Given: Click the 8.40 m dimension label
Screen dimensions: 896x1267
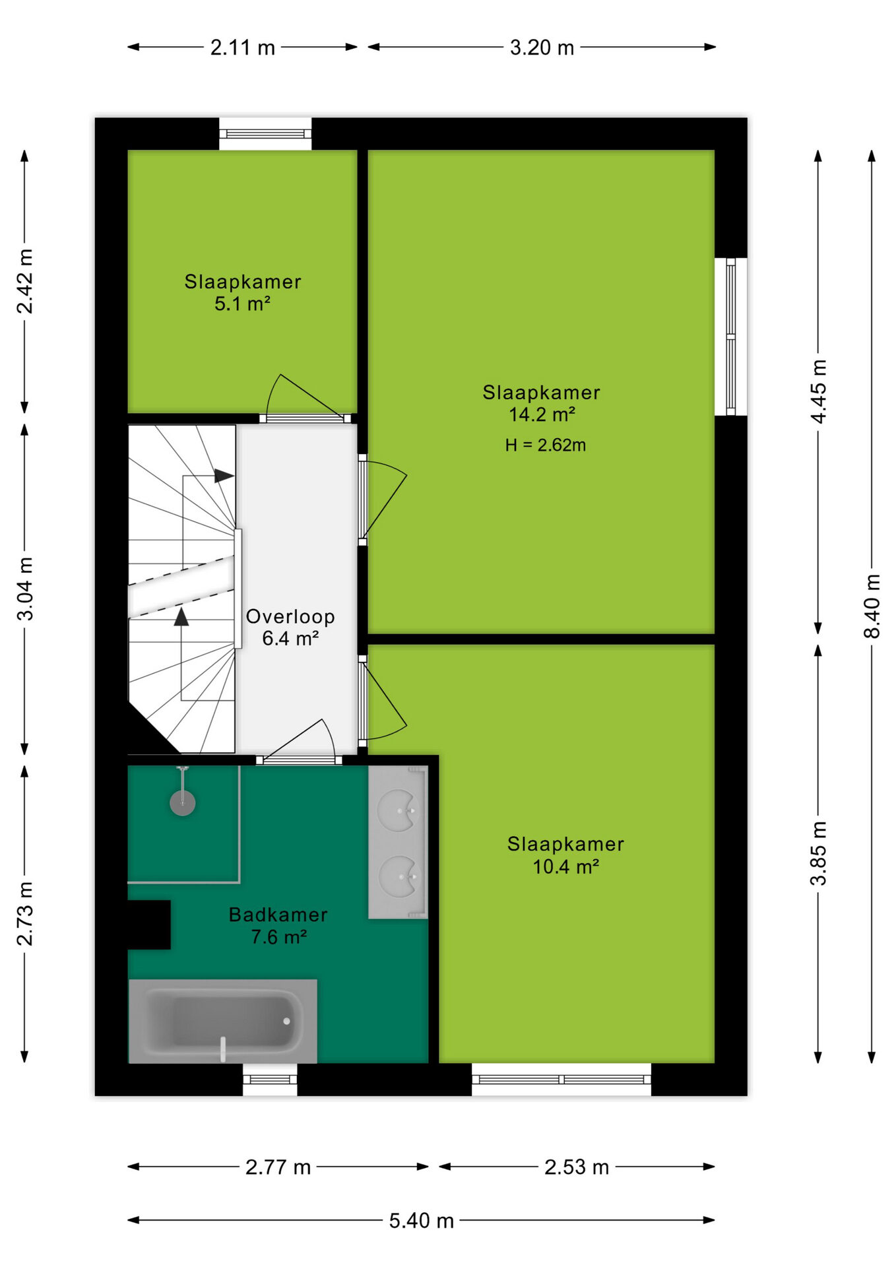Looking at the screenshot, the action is point(872,606).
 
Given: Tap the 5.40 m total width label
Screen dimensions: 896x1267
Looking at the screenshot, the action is point(422,1221).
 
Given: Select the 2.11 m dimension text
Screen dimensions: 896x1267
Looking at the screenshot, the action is point(242,48).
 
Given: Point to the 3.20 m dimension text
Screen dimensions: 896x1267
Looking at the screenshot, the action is point(542,48).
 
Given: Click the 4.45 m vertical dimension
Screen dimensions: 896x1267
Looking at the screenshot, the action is point(818,391).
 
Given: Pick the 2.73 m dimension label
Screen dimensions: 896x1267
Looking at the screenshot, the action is point(25,913).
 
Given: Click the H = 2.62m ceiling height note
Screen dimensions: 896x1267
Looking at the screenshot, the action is point(546,445).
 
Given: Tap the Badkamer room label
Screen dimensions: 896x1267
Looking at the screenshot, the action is point(278,915).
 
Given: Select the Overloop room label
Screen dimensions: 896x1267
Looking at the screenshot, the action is point(290,616).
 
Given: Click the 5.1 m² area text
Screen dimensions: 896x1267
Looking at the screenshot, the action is point(242,304).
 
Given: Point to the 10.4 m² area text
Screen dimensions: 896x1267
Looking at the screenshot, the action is point(565,866).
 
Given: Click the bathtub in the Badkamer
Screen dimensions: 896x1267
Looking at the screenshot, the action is point(223,1021).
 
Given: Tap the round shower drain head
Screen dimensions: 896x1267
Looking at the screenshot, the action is point(183,803).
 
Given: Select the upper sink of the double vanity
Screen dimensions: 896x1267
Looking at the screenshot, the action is point(399,810).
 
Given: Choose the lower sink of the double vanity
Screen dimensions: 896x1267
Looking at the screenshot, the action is point(399,876).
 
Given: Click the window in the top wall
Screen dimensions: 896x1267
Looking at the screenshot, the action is point(265,134).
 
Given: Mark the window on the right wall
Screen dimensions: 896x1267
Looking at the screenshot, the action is point(731,337).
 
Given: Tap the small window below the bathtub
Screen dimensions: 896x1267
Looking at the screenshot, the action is point(270,1080).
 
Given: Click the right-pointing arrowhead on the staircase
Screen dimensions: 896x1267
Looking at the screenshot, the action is point(224,476).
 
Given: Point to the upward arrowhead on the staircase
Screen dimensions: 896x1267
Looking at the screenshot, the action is point(181,616).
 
